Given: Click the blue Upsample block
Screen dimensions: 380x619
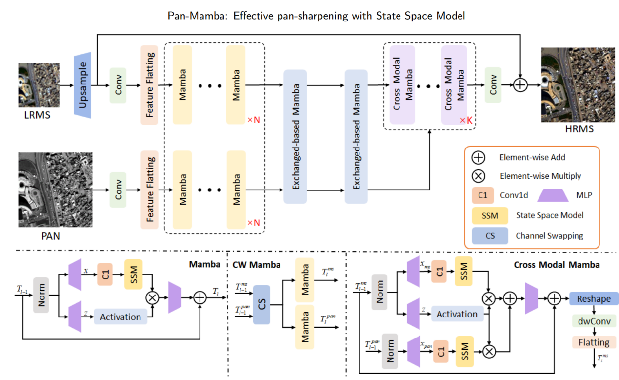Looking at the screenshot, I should pos(82,85).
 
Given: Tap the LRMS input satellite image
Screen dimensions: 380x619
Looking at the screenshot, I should pos(39,85).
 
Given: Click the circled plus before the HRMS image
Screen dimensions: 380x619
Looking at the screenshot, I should pos(520,85).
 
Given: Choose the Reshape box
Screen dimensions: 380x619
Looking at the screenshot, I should pos(594,298).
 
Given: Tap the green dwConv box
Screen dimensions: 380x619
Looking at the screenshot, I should pos(594,321).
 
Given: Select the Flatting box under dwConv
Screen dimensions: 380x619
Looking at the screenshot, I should pos(594,342).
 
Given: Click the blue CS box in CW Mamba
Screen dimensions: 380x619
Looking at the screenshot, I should pos(261,305).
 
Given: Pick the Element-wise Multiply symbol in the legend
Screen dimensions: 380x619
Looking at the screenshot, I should pos(478,176).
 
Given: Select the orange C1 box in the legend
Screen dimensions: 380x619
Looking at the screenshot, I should pos(482,195).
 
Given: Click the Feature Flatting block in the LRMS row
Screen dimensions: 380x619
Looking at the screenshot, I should pos(149,85).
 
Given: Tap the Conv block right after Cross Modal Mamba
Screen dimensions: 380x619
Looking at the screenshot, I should pos(493,85).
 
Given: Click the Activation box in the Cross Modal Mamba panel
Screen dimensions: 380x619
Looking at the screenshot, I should pos(457,315).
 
